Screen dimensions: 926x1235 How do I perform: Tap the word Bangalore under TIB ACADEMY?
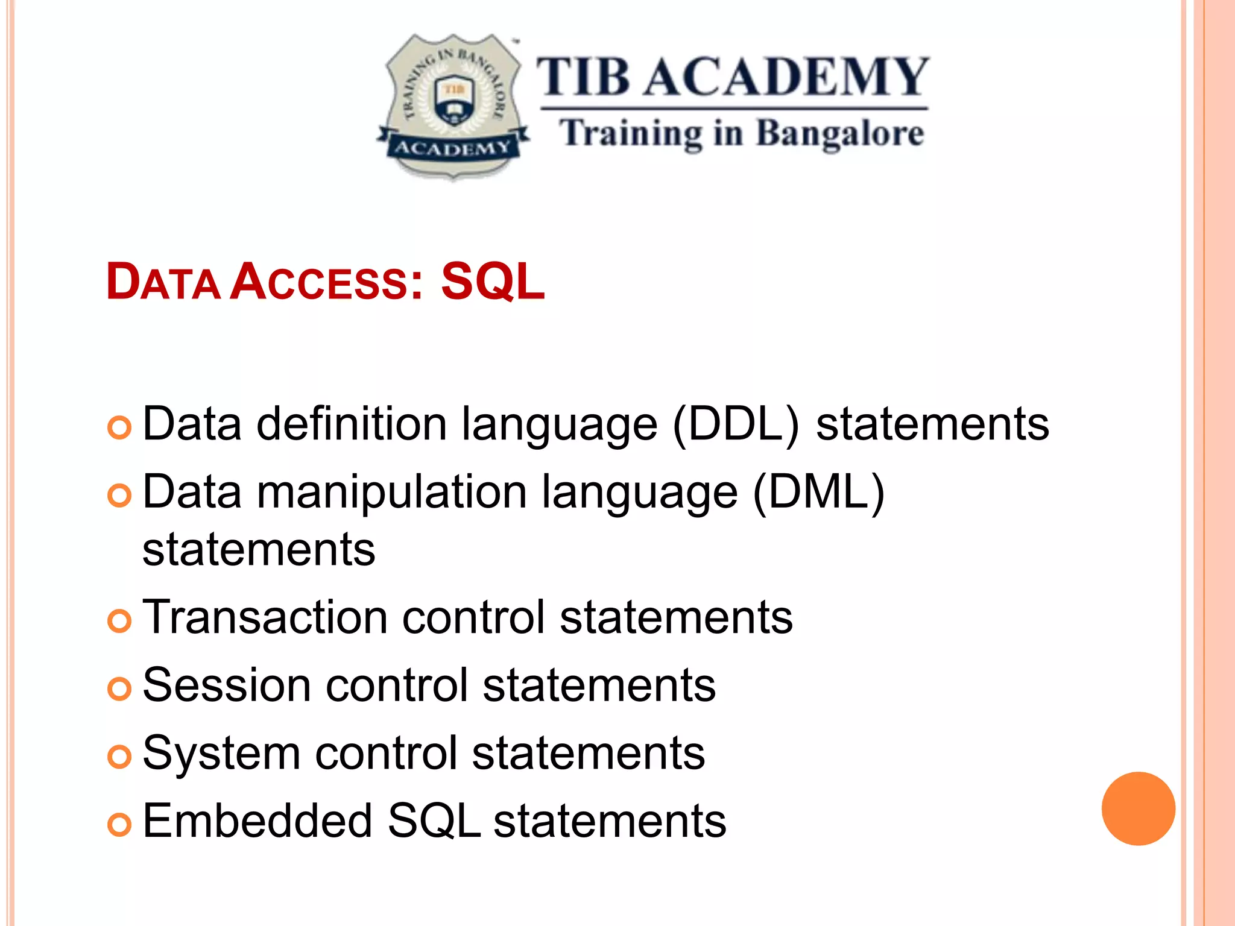pos(839,134)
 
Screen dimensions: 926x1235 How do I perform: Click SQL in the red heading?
pos(493,282)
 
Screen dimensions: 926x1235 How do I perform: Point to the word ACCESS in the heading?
pos(320,282)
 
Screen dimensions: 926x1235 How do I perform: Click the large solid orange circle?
pos(1138,808)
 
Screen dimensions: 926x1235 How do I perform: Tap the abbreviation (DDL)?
pos(736,424)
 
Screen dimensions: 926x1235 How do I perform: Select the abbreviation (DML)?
pos(818,493)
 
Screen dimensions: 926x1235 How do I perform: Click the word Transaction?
pos(265,617)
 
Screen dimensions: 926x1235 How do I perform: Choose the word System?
pos(221,754)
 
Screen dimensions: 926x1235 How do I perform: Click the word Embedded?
pos(257,821)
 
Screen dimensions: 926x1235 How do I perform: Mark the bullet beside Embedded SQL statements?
pos(119,825)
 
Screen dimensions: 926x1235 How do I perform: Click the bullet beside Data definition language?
pos(119,428)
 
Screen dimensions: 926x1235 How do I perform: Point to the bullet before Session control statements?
pos(119,688)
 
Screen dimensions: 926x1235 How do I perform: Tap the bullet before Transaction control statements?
pos(119,621)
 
